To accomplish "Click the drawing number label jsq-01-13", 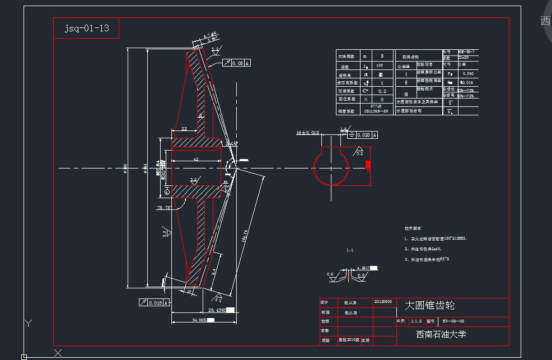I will point(86,28).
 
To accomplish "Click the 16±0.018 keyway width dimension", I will point(307,133).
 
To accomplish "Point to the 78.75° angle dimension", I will point(164,208).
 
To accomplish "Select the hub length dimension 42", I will point(195,160).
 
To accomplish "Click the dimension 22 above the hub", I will point(184,129).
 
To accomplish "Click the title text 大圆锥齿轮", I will point(429,306).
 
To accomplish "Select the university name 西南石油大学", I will point(441,334).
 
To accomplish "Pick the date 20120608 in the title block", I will point(383,301).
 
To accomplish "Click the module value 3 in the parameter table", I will point(382,56).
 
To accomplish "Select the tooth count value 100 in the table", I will point(380,66).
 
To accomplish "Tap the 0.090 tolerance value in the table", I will point(468,74).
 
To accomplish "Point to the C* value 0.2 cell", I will point(382,91).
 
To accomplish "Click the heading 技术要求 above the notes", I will point(413,228).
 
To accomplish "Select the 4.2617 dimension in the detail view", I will point(363,268).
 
